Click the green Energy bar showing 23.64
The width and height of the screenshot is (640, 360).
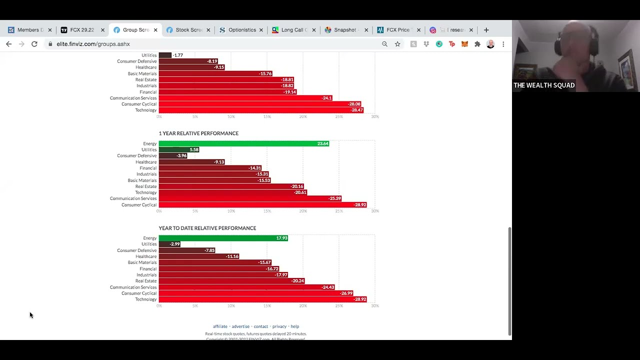pyautogui.click(x=243, y=143)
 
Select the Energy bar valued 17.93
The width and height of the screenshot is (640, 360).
pyautogui.click(x=223, y=238)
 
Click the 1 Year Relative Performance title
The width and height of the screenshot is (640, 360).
pyautogui.click(x=198, y=133)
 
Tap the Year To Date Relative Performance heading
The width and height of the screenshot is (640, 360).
pyautogui.click(x=207, y=228)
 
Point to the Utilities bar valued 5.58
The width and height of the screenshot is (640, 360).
pyautogui.click(x=179, y=149)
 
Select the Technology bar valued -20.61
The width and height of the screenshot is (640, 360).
pyautogui.click(x=232, y=192)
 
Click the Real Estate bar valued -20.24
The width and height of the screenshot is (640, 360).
pyautogui.click(x=231, y=281)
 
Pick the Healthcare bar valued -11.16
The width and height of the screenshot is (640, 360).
pyautogui.click(x=199, y=256)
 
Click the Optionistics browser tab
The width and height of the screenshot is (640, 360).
pyautogui.click(x=241, y=30)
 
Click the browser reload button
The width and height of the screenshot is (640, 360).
pyautogui.click(x=34, y=44)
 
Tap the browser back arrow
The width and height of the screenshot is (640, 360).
pyautogui.click(x=9, y=44)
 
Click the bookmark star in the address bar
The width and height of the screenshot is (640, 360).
pyautogui.click(x=397, y=44)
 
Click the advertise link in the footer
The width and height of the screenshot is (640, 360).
pyautogui.click(x=240, y=326)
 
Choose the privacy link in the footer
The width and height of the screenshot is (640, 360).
pyautogui.click(x=279, y=326)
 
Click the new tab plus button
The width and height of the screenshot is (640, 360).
pyautogui.click(x=486, y=30)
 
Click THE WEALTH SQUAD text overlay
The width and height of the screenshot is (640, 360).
pyautogui.click(x=544, y=85)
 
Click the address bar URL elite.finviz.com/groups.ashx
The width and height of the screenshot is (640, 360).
pyautogui.click(x=93, y=44)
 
